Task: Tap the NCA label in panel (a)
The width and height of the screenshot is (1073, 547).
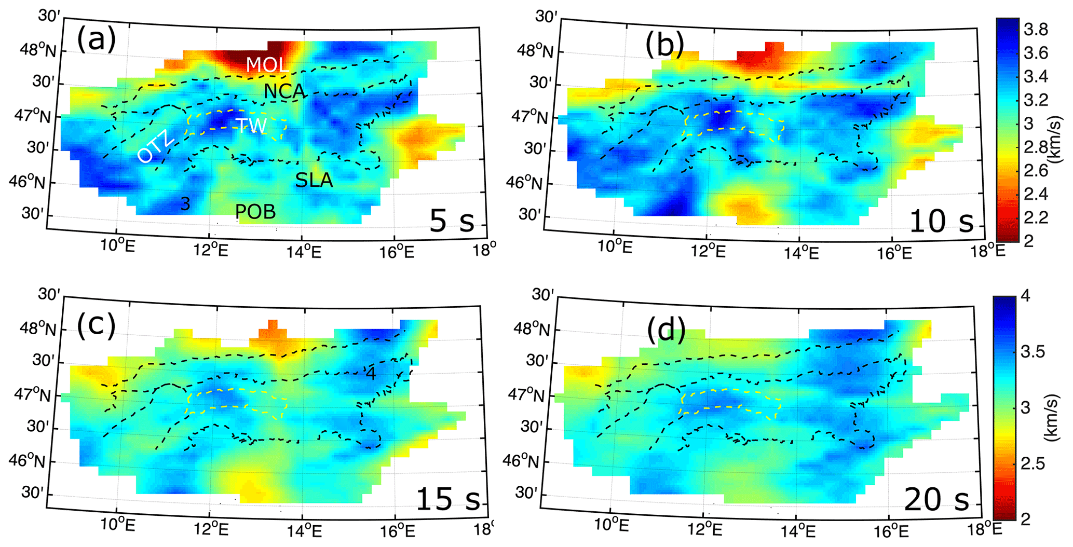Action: click(x=284, y=92)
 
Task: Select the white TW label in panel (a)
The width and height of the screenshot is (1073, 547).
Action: click(x=251, y=126)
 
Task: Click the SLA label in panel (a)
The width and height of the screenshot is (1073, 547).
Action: click(x=314, y=180)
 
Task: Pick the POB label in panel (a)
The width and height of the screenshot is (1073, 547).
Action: click(x=255, y=212)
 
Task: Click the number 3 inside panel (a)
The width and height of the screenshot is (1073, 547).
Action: click(x=185, y=204)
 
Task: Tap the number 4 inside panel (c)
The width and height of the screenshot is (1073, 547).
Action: click(x=371, y=374)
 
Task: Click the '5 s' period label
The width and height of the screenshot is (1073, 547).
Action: click(x=452, y=221)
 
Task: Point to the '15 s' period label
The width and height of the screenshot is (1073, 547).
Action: click(x=448, y=499)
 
